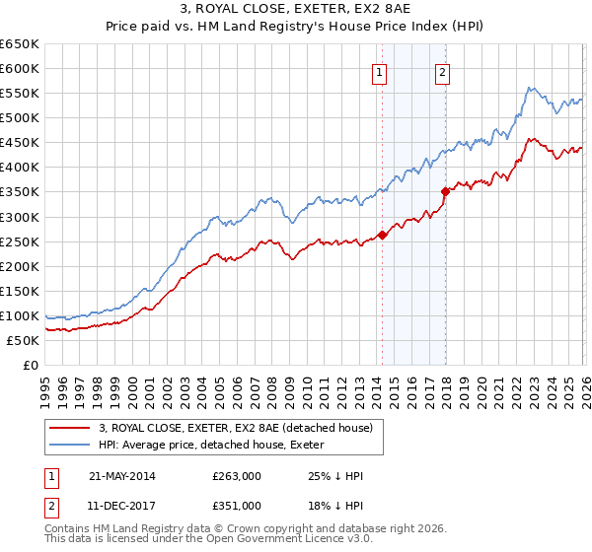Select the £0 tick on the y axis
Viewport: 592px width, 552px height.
pyautogui.click(x=32, y=365)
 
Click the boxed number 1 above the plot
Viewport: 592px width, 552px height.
pyautogui.click(x=379, y=71)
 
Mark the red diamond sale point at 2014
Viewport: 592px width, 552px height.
pyautogui.click(x=382, y=235)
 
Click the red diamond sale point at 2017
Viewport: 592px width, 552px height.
pyautogui.click(x=445, y=191)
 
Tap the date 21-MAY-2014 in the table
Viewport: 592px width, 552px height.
pyautogui.click(x=121, y=476)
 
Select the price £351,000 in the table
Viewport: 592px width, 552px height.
pyautogui.click(x=236, y=505)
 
